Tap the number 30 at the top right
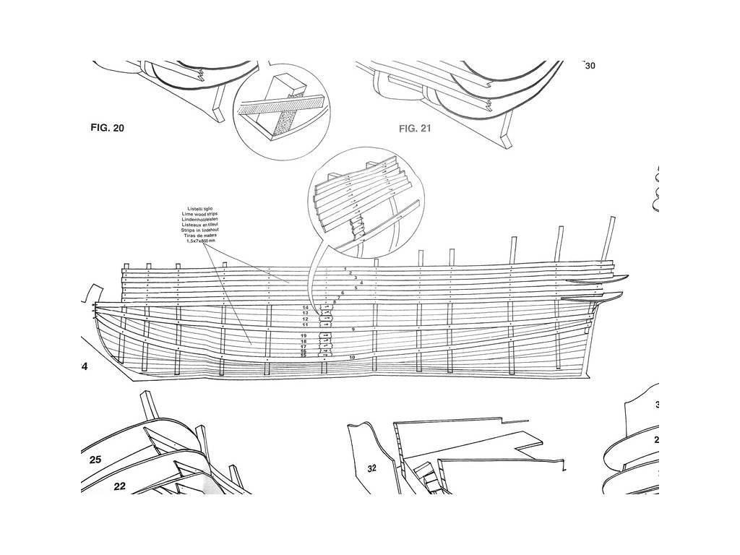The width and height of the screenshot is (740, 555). pos(590,66)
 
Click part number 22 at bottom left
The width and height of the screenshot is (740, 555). pos(120,486)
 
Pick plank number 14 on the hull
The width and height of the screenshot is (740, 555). pos(305,308)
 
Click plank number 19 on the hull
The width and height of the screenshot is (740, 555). pos(305,337)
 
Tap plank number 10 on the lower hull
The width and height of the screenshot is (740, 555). pos(352,358)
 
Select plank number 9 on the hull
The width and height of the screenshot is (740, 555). pos(353,330)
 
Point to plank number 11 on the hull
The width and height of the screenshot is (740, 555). pos(305,325)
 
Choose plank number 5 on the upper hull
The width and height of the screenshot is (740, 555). pos(356,288)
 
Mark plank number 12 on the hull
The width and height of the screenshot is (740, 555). pos(305,319)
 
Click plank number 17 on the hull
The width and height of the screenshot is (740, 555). pos(305,347)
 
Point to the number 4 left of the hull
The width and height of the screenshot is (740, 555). pos(85,367)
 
